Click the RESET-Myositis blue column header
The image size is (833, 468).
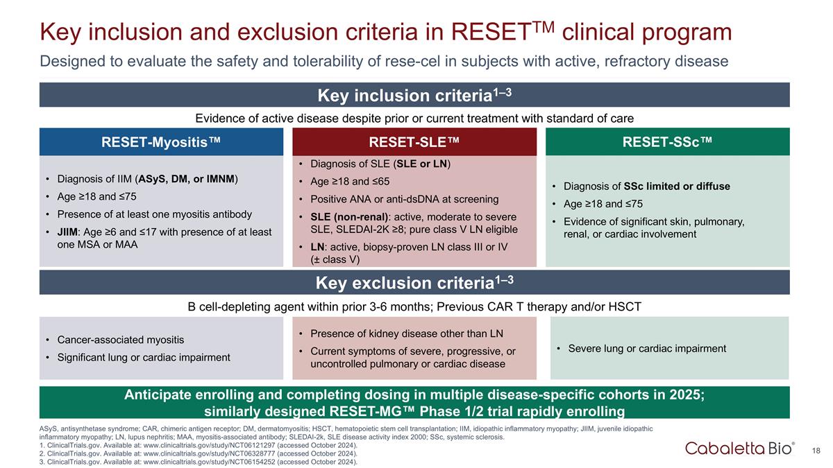(161, 142)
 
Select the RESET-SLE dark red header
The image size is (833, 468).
(414, 142)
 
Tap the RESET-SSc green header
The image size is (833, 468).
(667, 142)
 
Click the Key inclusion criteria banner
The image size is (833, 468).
(414, 95)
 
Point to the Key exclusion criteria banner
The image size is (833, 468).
(414, 283)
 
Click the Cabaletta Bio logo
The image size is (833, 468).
(740, 449)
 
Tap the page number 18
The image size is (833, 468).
(816, 451)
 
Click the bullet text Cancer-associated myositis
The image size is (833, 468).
(120, 340)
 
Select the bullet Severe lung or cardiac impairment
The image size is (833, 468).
(646, 348)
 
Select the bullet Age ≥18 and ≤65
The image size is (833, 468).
(351, 181)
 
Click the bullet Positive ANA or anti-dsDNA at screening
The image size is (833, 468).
(404, 200)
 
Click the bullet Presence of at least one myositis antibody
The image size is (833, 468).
(154, 214)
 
